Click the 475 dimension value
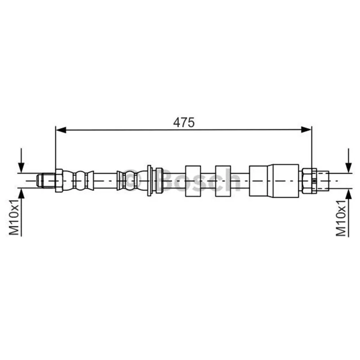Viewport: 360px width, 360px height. coord(184,122)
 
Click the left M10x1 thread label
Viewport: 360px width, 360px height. coord(14,217)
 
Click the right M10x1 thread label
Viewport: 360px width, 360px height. coord(341,218)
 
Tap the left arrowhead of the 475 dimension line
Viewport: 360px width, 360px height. coord(61,130)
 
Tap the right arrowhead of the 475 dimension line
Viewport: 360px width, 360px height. coord(306,130)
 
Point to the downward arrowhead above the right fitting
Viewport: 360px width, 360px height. coord(348,167)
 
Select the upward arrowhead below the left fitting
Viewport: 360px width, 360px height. coord(21,194)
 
